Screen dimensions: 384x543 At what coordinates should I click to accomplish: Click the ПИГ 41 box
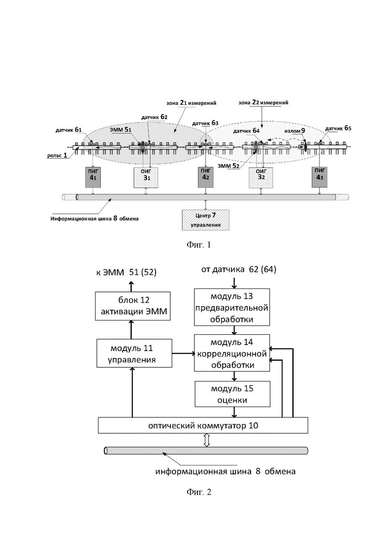point(93,177)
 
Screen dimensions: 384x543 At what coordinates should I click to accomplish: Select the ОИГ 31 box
point(146,177)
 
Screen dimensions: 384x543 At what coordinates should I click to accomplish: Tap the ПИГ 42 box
point(206,177)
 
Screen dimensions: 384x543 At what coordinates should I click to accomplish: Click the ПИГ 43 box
point(319,177)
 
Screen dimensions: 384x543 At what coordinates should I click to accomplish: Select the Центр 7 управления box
point(206,220)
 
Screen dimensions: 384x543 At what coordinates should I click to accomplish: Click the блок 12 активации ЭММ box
point(133,306)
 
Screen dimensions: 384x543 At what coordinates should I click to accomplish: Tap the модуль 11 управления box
point(134,353)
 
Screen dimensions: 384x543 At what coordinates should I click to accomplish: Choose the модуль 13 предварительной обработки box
point(232,307)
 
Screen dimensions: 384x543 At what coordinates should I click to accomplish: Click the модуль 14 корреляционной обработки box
point(232,353)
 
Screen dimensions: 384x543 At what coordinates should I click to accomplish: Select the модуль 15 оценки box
point(232,394)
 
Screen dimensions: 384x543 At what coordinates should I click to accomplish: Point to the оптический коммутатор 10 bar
point(203,425)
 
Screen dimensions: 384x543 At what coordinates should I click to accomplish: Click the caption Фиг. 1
point(199,245)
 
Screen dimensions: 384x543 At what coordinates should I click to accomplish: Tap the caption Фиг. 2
point(199,492)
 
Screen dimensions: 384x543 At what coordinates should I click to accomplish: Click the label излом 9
point(295,131)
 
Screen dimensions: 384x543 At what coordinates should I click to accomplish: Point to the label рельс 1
point(57,156)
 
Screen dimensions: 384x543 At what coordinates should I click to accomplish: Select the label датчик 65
point(338,128)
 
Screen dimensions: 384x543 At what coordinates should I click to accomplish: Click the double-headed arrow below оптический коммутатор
point(207,440)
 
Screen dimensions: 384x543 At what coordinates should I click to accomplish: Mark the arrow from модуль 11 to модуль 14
point(183,353)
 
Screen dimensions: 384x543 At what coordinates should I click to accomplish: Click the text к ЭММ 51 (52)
point(127,273)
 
